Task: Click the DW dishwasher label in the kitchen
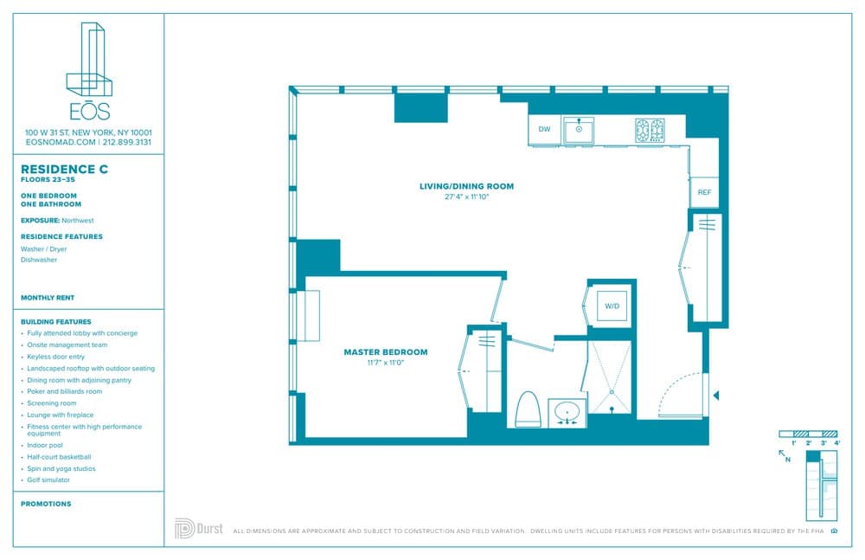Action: (x=544, y=130)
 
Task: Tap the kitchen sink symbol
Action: (x=578, y=131)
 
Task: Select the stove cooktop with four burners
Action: (x=650, y=130)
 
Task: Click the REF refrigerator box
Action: (x=704, y=191)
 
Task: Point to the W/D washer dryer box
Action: (x=612, y=306)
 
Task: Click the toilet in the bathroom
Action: (x=527, y=410)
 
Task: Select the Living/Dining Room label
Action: (x=466, y=186)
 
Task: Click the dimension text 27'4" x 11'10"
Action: (x=466, y=196)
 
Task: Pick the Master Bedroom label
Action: (x=385, y=352)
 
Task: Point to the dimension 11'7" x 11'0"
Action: (x=385, y=363)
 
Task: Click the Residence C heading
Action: (x=64, y=169)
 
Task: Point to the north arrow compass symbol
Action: (x=785, y=454)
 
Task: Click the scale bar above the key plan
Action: (x=809, y=433)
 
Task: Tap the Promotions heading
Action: (x=46, y=504)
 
